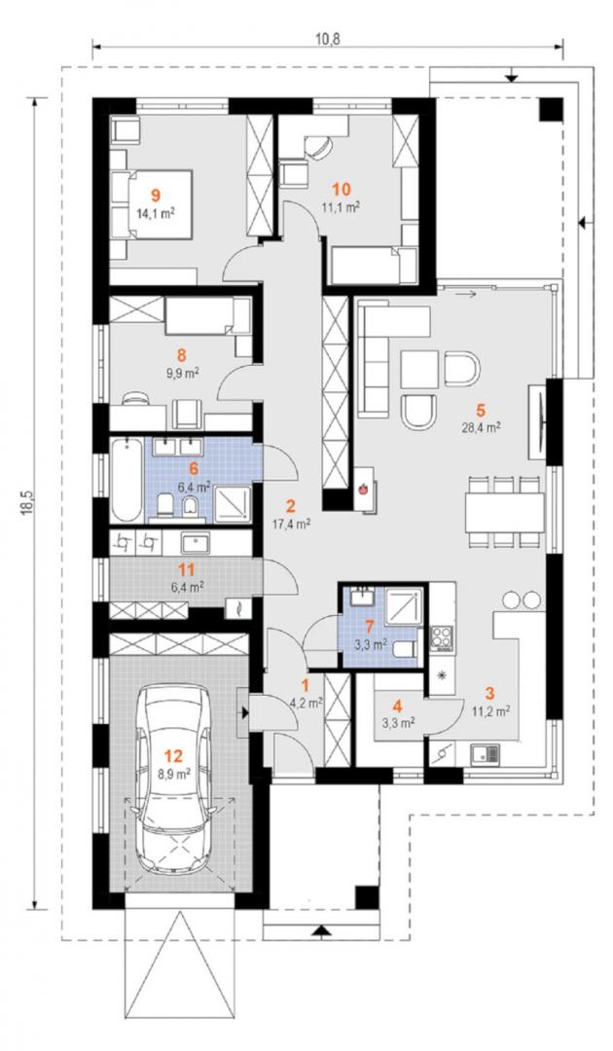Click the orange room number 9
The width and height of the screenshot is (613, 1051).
pos(156,195)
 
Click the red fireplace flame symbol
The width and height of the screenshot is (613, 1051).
pos(362,489)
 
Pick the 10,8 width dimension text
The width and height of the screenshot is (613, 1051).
pos(327,38)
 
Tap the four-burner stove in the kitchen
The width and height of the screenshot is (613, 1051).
pos(442,636)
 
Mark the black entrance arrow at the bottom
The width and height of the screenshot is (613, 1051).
pos(322,929)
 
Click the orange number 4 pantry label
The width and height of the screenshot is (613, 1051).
pos(397,707)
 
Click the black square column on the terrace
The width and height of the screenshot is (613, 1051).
pos(551,109)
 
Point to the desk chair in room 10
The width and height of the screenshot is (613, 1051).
pos(317,147)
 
